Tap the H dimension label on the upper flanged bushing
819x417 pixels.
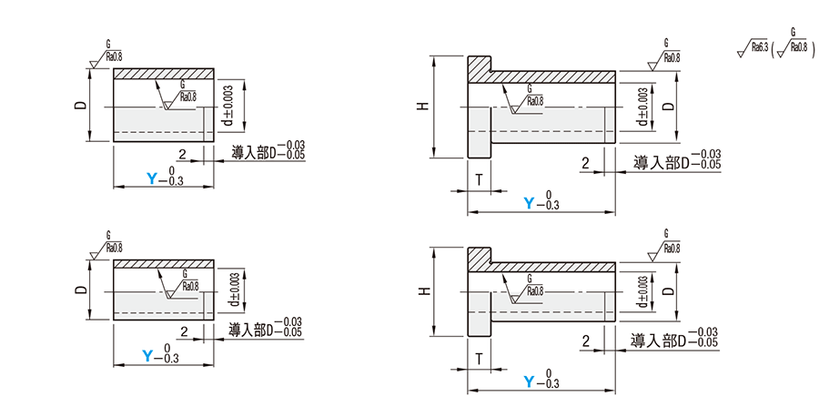(421, 107)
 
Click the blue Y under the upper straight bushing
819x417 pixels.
(152, 178)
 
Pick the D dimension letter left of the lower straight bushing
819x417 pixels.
(80, 290)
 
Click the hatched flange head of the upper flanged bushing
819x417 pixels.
(480, 69)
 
